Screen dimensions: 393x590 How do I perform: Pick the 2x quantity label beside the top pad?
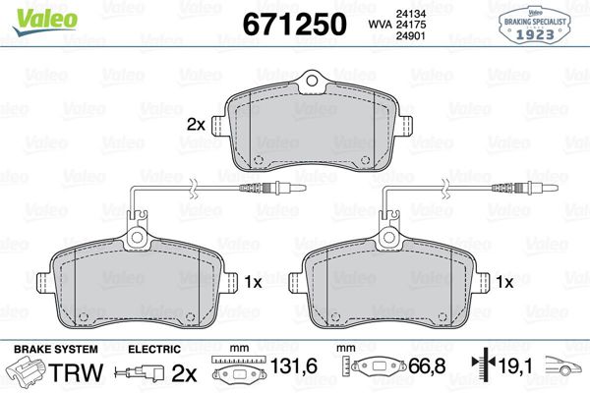point(195,125)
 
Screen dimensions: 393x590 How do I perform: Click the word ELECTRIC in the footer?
point(153,349)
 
